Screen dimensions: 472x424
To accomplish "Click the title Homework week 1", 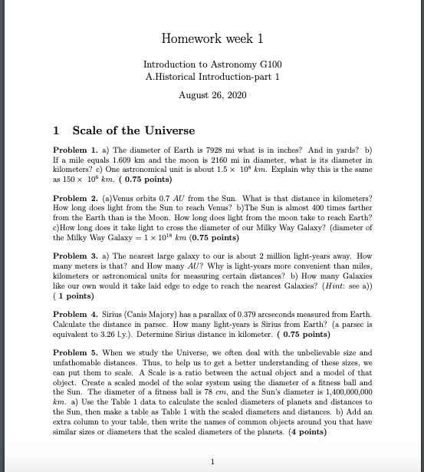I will (x=212, y=38).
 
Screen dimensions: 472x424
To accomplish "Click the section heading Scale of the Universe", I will (x=133, y=130).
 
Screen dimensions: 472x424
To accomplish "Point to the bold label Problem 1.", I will (x=76, y=148).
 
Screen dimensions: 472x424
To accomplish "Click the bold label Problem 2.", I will (x=76, y=197).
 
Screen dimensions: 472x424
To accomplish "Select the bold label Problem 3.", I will (x=76, y=256).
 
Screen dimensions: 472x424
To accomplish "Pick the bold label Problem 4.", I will (x=76, y=315).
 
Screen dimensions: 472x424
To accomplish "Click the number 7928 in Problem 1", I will (x=214, y=148).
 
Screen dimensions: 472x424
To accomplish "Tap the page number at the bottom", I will (x=212, y=460).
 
